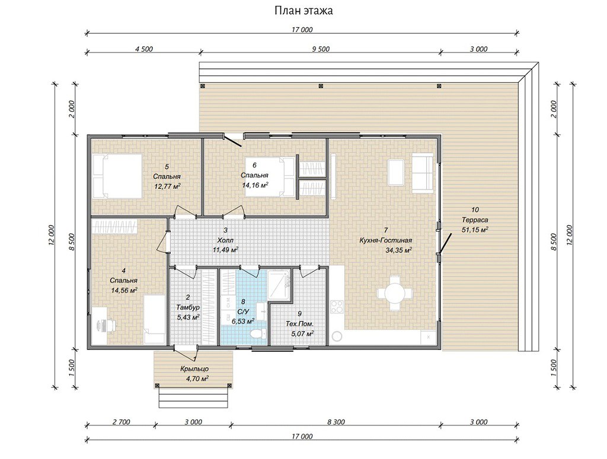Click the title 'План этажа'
[303, 11]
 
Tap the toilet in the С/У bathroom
[257, 333]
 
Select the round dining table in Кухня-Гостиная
[394, 293]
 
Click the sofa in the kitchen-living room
[422, 173]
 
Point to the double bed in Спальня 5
[117, 176]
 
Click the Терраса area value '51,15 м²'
[475, 230]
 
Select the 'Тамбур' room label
[188, 307]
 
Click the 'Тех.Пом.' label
[299, 323]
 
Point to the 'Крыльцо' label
[194, 369]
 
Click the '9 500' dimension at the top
[321, 49]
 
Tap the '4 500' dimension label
[143, 49]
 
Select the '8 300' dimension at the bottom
[336, 422]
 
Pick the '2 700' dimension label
[121, 422]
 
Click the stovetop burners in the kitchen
[337, 307]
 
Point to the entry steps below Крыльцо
[193, 398]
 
